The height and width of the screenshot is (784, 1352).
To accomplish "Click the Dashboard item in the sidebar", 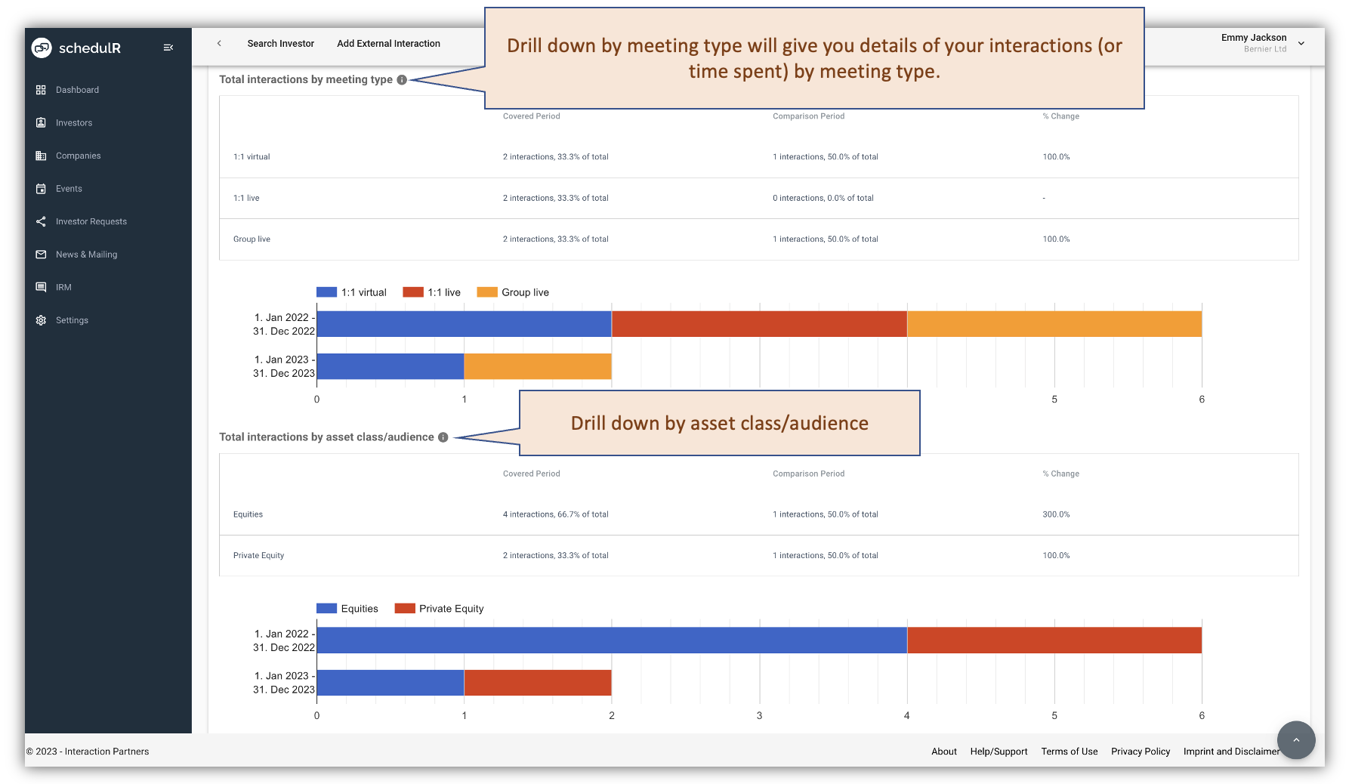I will (x=77, y=90).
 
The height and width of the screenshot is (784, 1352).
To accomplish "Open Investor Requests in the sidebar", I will (x=91, y=221).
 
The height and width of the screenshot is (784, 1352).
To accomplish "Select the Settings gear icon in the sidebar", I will (x=41, y=320).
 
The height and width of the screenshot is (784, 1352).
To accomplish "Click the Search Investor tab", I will (x=280, y=44).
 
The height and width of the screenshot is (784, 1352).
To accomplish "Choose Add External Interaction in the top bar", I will (x=388, y=44).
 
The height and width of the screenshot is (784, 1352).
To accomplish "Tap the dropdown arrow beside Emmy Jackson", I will (x=1301, y=44).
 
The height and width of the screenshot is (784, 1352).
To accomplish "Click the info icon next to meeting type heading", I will (x=402, y=80).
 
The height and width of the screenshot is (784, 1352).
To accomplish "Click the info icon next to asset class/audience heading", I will (x=443, y=437).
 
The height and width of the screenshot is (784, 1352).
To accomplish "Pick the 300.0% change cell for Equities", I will (x=1056, y=514).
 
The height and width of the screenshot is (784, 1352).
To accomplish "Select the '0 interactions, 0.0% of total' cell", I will (x=823, y=198).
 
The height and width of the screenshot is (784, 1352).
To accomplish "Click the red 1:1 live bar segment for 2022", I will (x=758, y=324).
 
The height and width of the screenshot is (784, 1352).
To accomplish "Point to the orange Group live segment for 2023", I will (x=537, y=366).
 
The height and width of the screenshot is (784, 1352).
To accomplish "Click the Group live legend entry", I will (x=514, y=292).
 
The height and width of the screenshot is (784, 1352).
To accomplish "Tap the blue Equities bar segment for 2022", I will (x=611, y=640).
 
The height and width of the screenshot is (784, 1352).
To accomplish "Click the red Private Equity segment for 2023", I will (x=537, y=683).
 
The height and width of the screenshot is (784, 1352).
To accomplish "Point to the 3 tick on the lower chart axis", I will (x=759, y=715).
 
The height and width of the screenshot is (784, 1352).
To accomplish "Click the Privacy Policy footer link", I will (x=1140, y=752).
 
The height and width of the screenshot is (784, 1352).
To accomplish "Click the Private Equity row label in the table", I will (x=258, y=555).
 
